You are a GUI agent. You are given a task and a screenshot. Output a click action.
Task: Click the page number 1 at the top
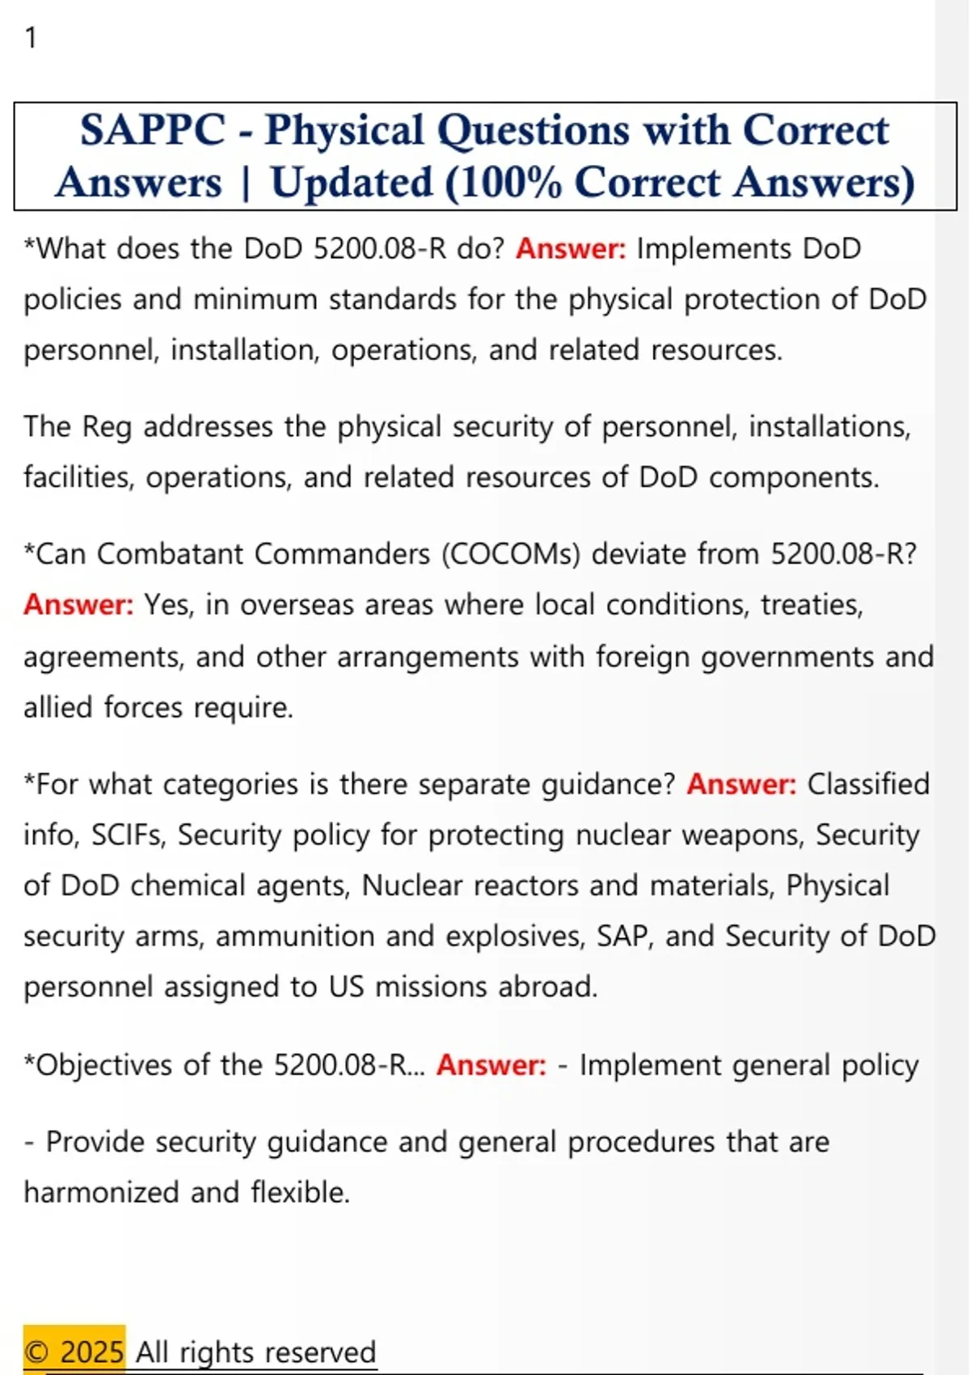(31, 38)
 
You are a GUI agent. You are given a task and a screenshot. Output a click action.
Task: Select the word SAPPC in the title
(153, 130)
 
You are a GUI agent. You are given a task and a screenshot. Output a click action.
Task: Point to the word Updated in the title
(352, 183)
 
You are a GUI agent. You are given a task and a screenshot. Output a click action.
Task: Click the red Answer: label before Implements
(571, 248)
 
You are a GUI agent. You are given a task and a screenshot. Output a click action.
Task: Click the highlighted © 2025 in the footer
(74, 1352)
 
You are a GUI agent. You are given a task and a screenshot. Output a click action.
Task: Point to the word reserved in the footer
(321, 1352)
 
